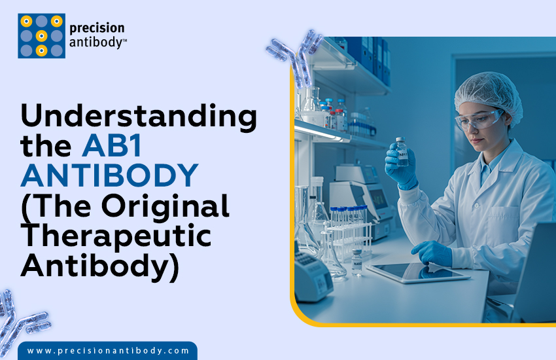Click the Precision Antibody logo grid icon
[41, 35]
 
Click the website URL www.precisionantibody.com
[108, 351]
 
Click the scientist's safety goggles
[479, 120]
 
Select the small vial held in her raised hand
[402, 151]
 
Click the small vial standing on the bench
[356, 261]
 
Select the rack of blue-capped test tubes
[347, 226]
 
